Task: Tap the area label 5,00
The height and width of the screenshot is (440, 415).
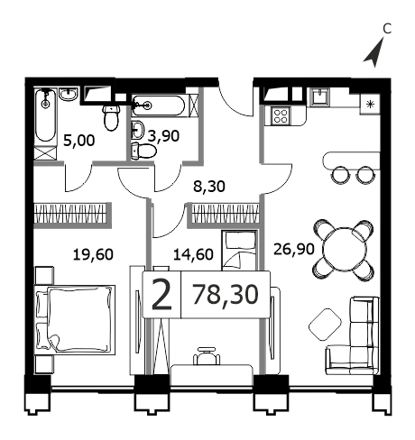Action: (79, 141)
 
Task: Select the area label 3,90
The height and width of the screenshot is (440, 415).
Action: (164, 136)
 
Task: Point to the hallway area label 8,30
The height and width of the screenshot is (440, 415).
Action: (209, 187)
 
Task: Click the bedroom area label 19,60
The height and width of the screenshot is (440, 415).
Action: (93, 254)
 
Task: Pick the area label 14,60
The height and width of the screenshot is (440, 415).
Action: (193, 254)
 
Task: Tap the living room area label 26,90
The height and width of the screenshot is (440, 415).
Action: (294, 249)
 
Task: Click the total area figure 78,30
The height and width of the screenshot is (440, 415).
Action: (226, 295)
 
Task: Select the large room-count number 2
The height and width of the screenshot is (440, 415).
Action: (161, 295)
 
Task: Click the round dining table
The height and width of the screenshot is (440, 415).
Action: (345, 250)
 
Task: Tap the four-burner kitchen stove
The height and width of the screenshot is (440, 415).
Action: (281, 116)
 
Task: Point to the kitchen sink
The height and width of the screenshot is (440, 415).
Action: (320, 96)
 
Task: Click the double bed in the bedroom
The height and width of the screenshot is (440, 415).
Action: (75, 320)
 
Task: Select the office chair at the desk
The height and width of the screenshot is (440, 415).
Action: (207, 356)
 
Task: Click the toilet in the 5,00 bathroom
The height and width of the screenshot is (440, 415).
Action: (111, 118)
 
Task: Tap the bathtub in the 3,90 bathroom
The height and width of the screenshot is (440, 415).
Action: (158, 105)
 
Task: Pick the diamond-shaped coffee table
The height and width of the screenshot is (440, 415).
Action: (325, 325)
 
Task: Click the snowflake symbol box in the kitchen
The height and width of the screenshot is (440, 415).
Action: (370, 105)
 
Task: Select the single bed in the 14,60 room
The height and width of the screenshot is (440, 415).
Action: (239, 251)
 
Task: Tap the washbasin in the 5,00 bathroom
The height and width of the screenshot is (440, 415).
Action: (69, 95)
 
